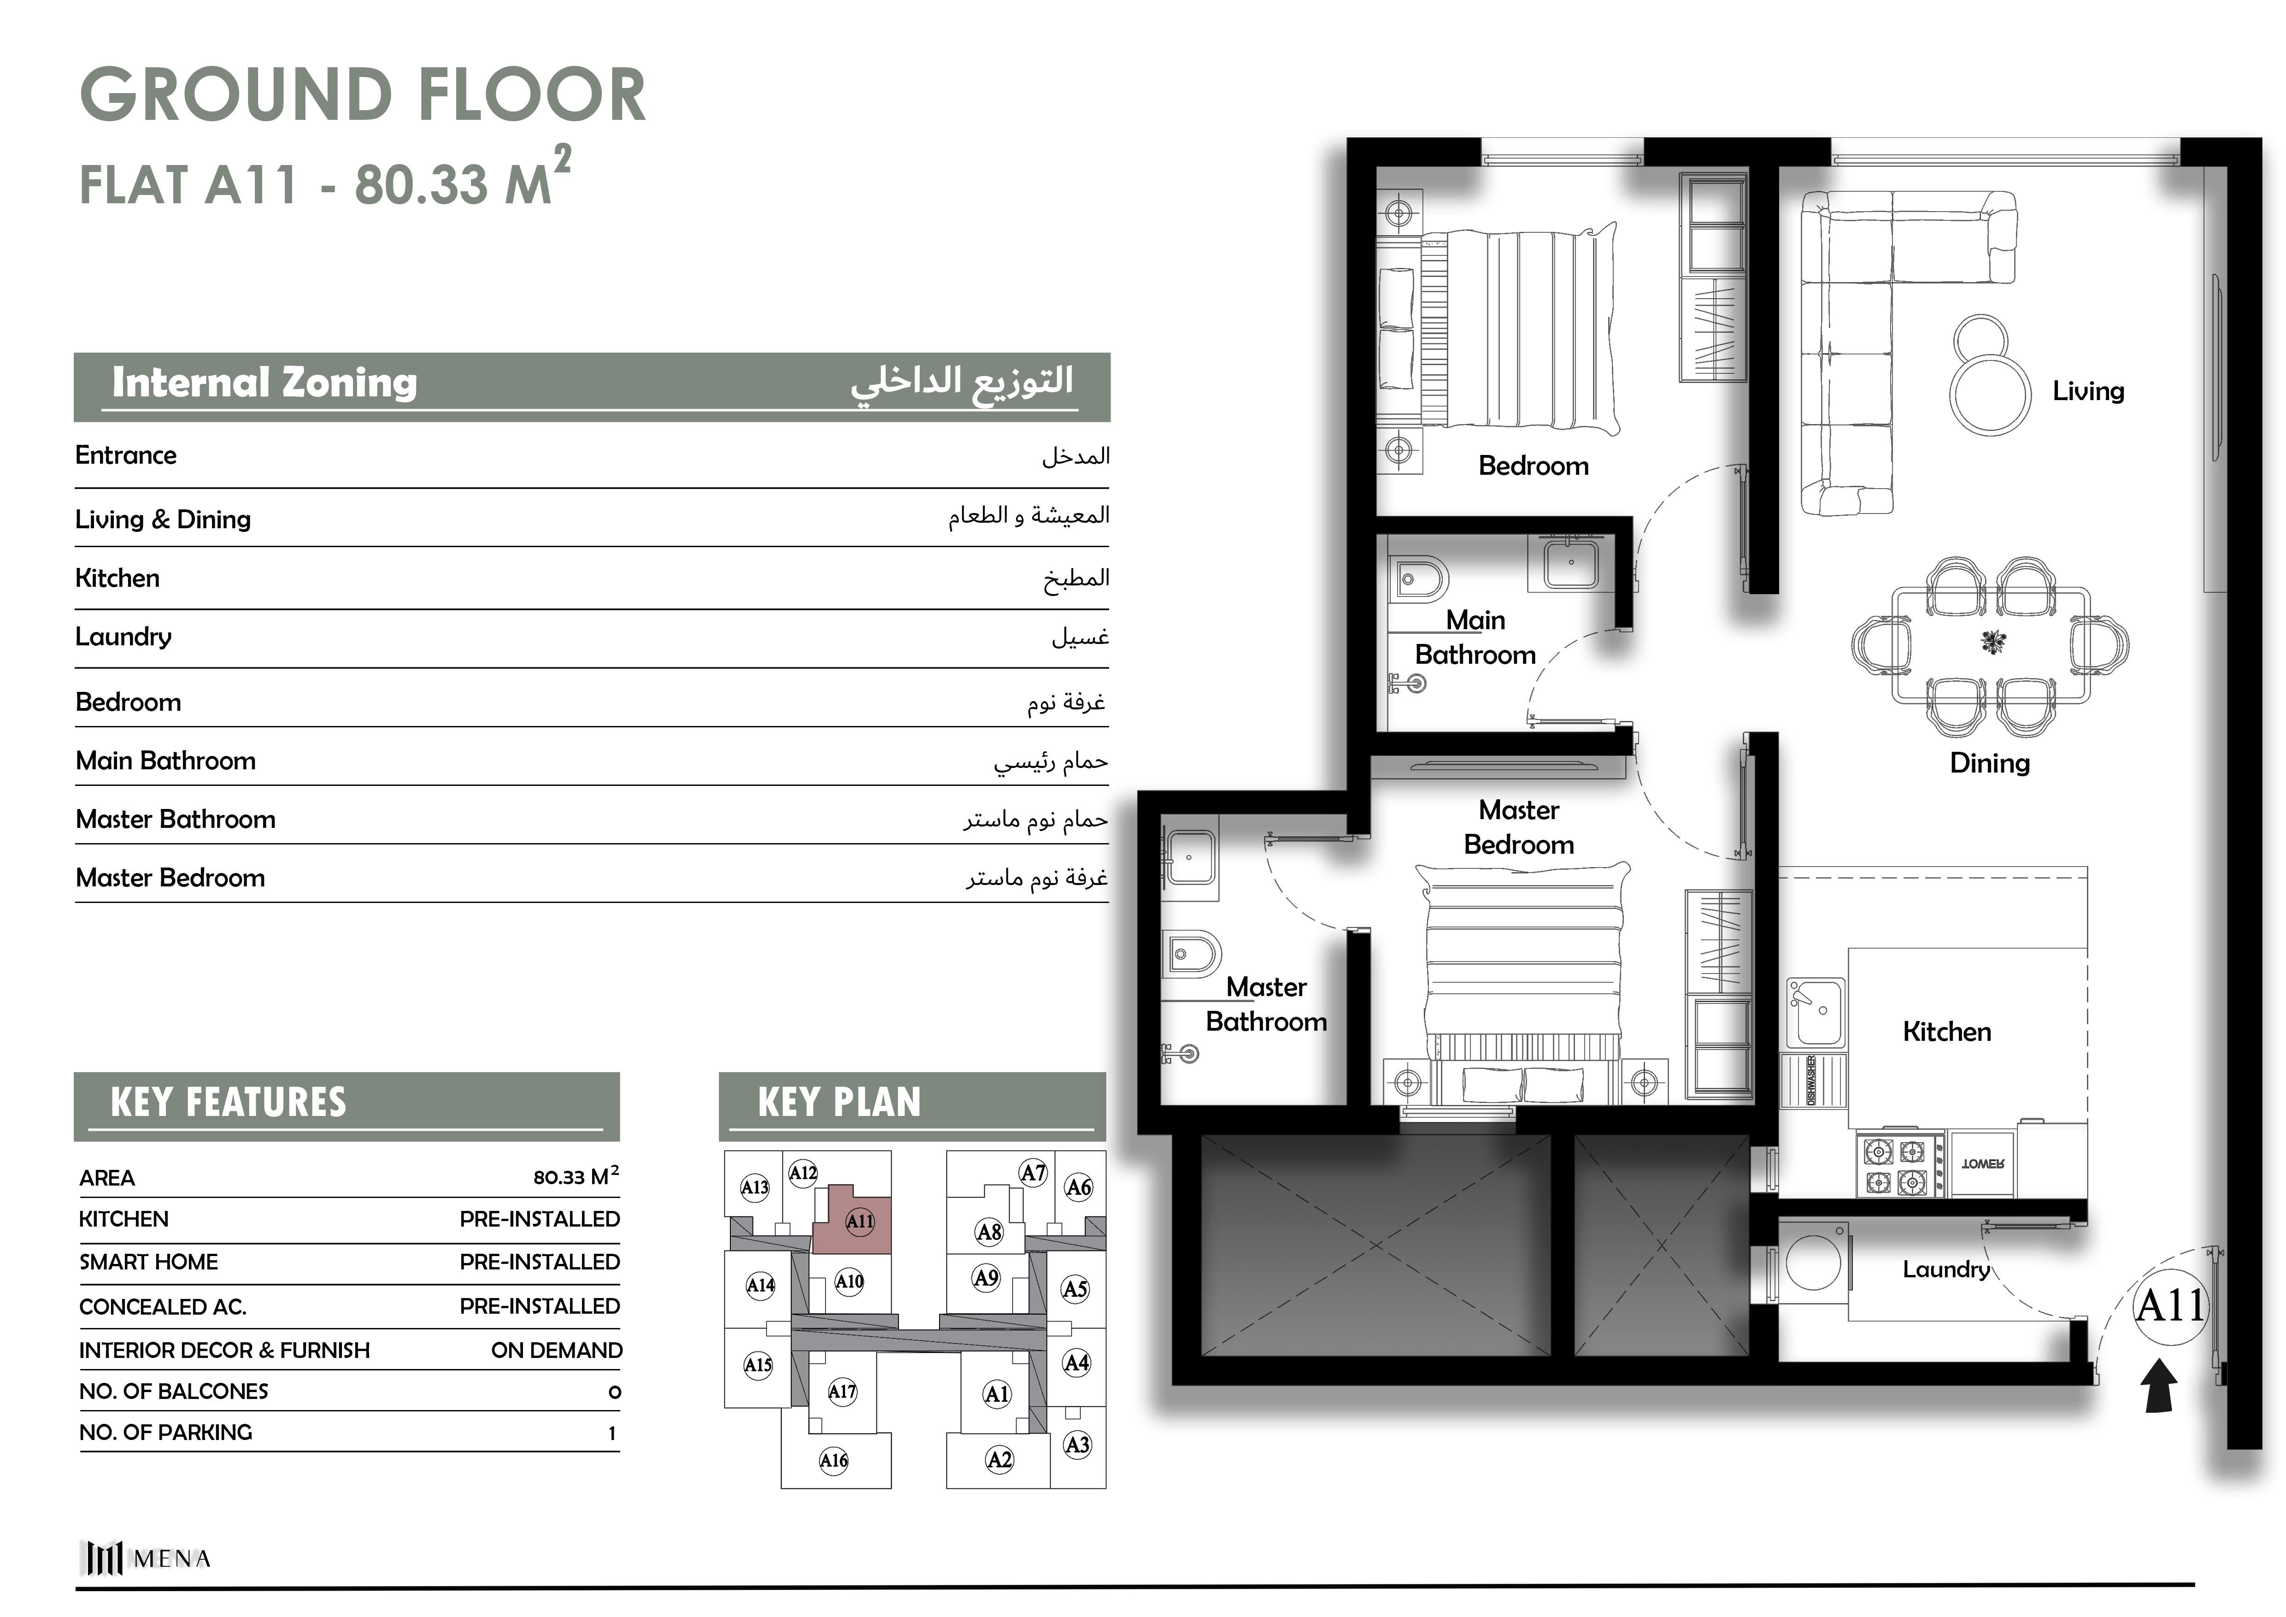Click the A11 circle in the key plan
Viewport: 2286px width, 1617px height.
coord(859,1221)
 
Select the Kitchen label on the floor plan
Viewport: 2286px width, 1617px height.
coord(1946,1032)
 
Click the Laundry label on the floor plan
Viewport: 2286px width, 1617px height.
coord(1946,1269)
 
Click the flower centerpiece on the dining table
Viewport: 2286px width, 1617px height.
coord(1992,642)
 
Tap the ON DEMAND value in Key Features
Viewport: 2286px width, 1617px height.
coord(557,1350)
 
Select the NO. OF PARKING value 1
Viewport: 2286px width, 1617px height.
coord(612,1433)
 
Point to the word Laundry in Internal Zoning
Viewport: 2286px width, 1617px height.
coord(123,637)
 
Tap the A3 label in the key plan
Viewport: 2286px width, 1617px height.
coord(1077,1445)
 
